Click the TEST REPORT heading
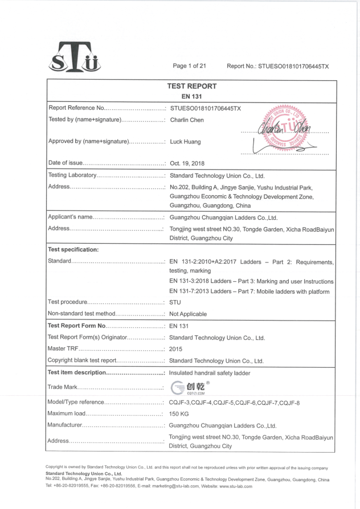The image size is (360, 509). [191, 87]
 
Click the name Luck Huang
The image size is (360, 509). [185, 142]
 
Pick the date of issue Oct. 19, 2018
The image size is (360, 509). [187, 163]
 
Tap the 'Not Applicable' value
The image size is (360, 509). [188, 314]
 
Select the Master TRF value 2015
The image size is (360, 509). [176, 349]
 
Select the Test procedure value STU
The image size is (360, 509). [175, 302]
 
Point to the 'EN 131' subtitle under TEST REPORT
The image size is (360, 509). [191, 97]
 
